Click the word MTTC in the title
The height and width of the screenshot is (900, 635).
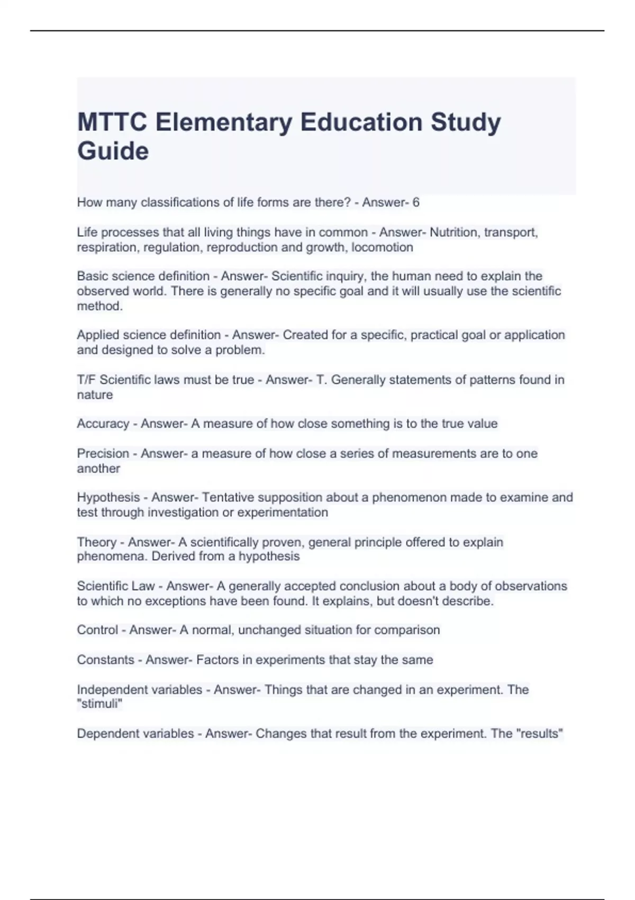[x=112, y=122]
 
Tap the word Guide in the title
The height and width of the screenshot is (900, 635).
[x=113, y=151]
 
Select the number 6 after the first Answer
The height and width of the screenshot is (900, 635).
[x=416, y=202]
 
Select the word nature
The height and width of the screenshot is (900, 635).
[x=95, y=394]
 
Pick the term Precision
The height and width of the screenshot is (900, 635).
[x=103, y=454]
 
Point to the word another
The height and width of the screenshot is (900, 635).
[x=98, y=469]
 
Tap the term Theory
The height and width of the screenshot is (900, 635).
[x=96, y=542]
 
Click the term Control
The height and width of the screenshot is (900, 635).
[x=97, y=630]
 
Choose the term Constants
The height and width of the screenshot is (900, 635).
[x=105, y=660]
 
